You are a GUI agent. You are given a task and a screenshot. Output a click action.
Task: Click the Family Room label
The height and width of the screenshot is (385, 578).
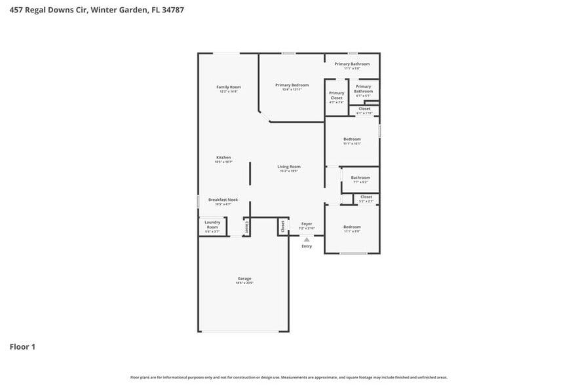229,87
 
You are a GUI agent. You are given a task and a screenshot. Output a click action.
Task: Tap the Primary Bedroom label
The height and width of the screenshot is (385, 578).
292,85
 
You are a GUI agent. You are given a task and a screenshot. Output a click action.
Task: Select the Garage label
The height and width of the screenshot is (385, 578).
244,278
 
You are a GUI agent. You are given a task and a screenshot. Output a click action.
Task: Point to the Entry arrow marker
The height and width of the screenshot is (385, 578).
306,240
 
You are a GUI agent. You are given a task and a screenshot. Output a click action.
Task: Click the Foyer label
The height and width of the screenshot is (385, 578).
306,224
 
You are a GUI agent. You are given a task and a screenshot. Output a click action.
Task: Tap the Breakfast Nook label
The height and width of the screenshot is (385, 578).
223,200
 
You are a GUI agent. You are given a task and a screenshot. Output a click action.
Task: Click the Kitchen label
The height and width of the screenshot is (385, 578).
223,157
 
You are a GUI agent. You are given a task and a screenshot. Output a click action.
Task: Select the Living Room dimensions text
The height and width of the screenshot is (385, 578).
289,171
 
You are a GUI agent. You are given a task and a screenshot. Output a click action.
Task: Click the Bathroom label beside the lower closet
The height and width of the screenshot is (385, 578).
360,177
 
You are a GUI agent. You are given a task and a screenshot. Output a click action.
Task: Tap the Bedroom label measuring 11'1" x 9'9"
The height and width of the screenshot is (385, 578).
352,227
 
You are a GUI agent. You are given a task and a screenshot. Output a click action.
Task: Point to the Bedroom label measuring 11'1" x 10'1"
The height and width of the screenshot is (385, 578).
352,139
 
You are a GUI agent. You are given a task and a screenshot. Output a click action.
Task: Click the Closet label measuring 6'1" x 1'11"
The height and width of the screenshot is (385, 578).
364,109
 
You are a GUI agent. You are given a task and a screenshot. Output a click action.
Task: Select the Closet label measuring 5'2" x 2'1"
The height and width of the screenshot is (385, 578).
366,197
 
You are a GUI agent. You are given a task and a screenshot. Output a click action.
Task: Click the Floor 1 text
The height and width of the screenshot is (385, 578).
22,346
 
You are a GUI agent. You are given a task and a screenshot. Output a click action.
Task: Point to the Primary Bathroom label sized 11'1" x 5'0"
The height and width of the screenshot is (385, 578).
352,64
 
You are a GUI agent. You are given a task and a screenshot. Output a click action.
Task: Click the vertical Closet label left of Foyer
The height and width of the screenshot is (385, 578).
282,227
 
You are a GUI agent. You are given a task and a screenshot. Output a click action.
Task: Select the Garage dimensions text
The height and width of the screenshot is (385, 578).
244,283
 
